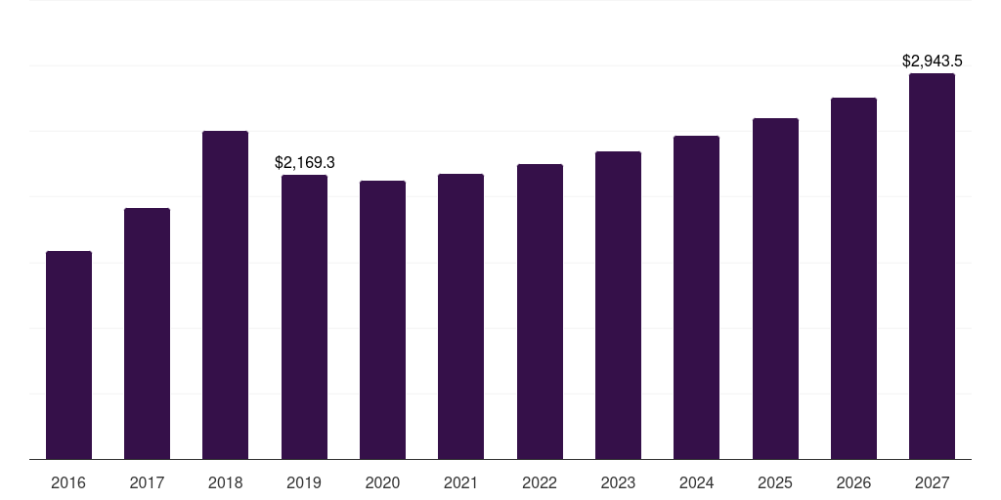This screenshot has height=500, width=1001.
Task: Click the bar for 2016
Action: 68,355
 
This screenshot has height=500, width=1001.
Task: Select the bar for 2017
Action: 147,334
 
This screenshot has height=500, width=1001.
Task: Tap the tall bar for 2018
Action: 225,295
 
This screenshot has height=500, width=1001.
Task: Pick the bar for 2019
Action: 304,317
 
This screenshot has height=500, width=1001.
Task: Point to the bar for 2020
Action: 382,320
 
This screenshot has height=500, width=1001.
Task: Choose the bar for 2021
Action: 460,316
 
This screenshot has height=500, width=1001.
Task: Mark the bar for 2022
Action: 540,312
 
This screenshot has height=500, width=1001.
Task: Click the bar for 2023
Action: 618,306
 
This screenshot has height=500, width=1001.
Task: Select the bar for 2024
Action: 696,298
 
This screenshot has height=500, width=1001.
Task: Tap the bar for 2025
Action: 775,289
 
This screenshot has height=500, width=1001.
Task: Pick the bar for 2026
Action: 853,278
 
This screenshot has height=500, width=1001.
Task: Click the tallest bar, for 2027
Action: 932,267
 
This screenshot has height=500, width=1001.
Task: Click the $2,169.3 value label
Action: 305,162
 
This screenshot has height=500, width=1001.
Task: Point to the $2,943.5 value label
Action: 932,61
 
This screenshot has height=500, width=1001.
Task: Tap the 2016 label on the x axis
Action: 68,482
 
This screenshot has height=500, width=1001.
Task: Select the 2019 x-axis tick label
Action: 304,482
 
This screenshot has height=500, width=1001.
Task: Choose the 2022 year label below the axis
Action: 540,482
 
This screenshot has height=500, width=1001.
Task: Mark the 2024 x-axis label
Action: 696,482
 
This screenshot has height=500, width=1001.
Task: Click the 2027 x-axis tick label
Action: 932,482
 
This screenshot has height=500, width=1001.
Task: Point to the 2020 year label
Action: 382,482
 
